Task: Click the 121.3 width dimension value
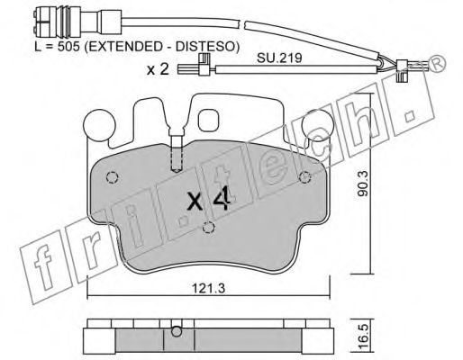point(208,289)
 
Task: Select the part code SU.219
point(279,58)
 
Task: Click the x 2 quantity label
point(158,70)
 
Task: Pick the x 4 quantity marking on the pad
point(209,200)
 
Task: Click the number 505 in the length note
point(68,47)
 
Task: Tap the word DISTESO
point(205,47)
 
